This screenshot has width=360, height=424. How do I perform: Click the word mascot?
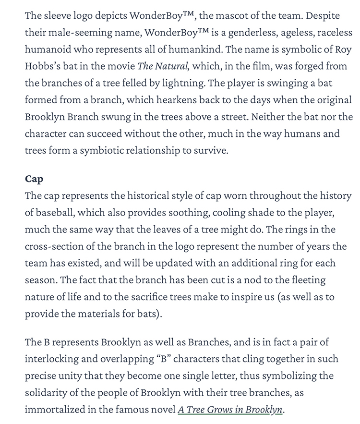click(224, 15)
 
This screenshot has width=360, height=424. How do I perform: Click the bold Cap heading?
click(34, 179)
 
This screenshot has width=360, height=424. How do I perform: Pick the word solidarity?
click(47, 393)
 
